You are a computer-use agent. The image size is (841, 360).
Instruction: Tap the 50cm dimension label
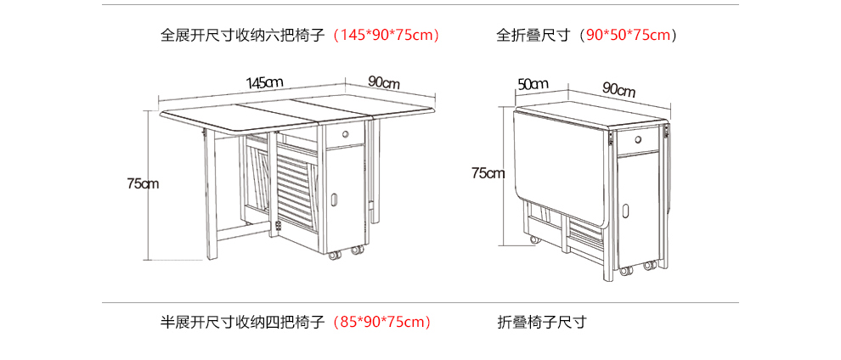(x=533, y=83)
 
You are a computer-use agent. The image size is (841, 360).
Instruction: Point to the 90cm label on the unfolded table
(x=384, y=83)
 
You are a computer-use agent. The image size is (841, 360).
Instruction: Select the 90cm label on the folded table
(x=618, y=89)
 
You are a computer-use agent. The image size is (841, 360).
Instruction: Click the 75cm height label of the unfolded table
(x=144, y=183)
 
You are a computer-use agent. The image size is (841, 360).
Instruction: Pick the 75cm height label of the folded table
(x=488, y=172)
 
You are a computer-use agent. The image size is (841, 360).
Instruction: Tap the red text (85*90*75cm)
(x=381, y=322)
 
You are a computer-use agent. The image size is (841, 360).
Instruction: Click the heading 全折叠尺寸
(x=533, y=36)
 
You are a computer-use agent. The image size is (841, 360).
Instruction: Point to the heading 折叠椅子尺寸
(x=542, y=322)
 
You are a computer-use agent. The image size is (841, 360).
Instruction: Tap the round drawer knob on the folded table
(x=638, y=140)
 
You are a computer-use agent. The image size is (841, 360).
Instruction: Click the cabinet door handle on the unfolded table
(x=335, y=200)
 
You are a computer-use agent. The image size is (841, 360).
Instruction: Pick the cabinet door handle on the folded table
(x=626, y=211)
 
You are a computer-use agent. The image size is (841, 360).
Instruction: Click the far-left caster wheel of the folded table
(x=534, y=240)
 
